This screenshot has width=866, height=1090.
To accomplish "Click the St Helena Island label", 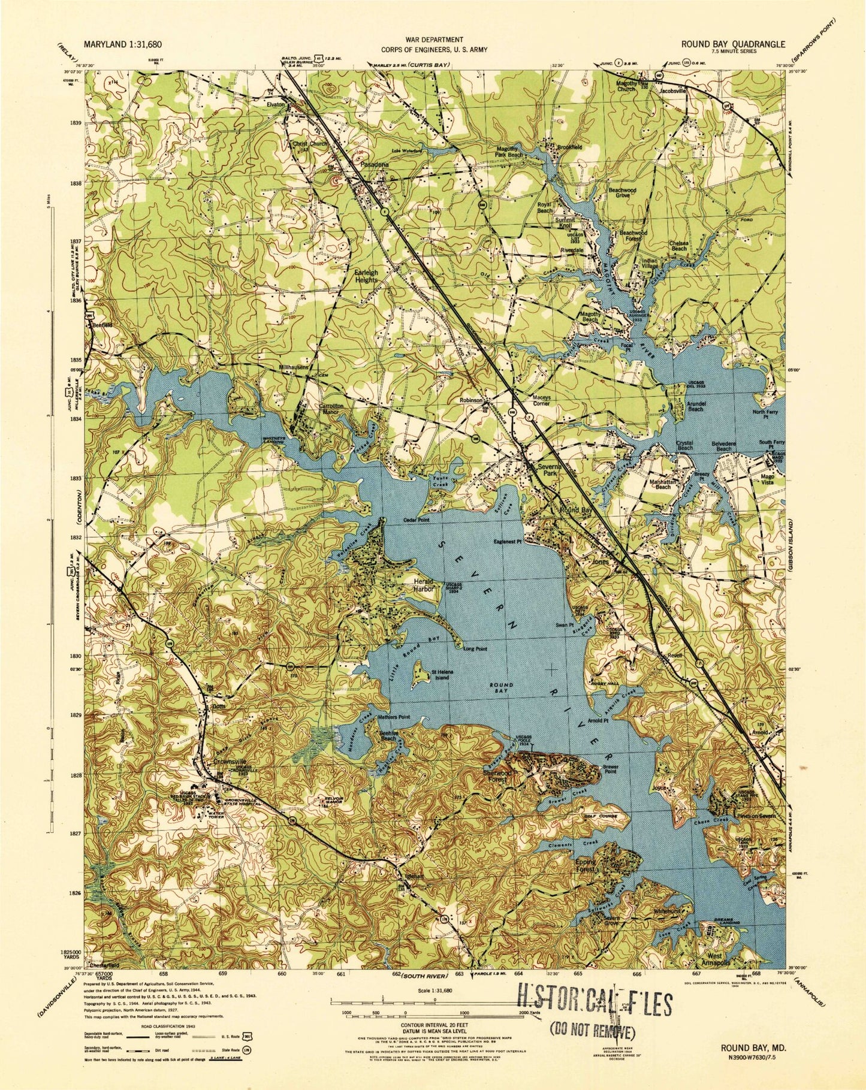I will [x=442, y=675].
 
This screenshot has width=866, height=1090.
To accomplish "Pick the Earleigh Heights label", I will [x=366, y=276].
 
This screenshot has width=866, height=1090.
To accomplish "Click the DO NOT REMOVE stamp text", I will [x=592, y=1031].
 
